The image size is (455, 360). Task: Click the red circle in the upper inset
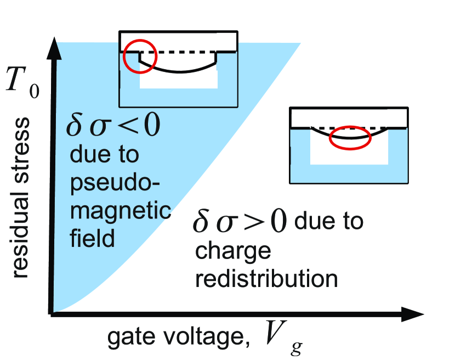(x=123, y=56)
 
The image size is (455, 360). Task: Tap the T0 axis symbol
(x=22, y=82)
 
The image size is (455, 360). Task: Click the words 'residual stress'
(x=21, y=198)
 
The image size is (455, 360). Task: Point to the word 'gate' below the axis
(x=131, y=337)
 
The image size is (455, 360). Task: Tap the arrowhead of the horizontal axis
(x=413, y=314)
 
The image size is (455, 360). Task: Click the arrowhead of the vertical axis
(x=54, y=48)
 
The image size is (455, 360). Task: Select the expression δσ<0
(x=113, y=125)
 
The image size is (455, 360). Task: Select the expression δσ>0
(x=240, y=222)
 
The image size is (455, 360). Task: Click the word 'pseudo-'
(x=115, y=184)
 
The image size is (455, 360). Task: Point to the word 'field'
(x=92, y=237)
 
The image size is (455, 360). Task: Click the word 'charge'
(x=233, y=252)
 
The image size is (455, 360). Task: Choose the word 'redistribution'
(x=266, y=278)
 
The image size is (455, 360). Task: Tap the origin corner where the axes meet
(x=52, y=314)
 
